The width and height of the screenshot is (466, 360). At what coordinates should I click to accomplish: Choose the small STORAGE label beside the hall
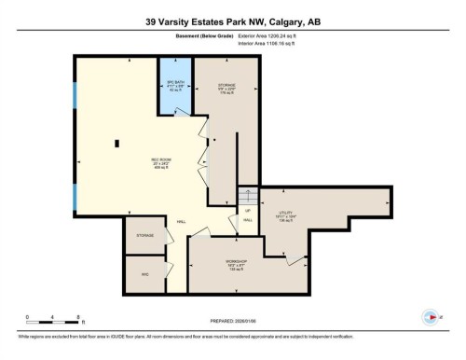(x=144, y=236)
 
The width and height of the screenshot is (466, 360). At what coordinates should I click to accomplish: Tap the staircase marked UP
(x=247, y=200)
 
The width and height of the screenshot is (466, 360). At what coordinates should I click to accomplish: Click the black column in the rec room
(x=117, y=143)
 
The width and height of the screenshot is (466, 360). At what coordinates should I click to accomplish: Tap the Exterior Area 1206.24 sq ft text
(x=271, y=35)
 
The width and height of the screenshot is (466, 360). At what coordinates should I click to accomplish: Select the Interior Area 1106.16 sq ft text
(x=271, y=43)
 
